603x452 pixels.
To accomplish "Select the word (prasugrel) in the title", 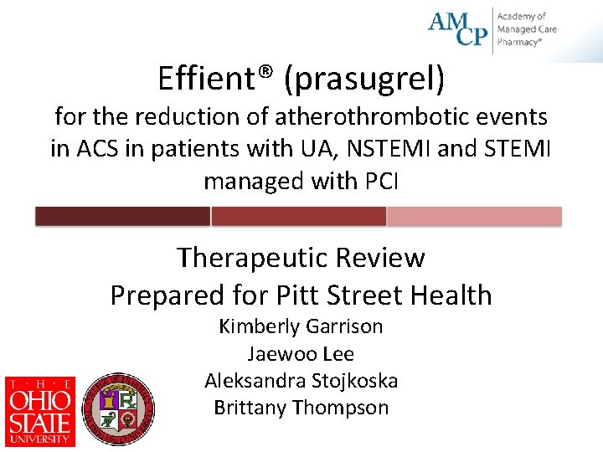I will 364,80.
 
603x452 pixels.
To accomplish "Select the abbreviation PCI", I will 380,181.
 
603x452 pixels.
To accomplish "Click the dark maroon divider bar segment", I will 122,217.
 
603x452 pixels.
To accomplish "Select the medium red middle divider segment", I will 298,217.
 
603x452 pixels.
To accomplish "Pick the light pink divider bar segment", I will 474,217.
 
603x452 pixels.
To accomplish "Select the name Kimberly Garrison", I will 301,326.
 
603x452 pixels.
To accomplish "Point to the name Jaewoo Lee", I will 301,353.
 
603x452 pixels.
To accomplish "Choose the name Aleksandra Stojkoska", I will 301,381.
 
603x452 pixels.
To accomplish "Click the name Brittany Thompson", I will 301,408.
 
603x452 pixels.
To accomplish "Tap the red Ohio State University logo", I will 40,411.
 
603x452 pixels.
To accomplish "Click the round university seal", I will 120,409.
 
